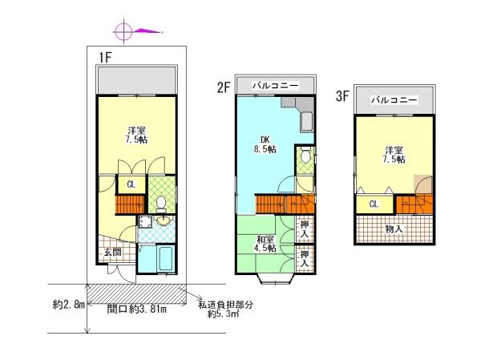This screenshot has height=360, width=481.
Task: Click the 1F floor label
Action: point(104,56)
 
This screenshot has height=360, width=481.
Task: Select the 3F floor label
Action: point(343,95)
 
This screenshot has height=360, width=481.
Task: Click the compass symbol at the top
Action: point(123,32)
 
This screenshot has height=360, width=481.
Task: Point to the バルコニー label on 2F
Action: point(274,84)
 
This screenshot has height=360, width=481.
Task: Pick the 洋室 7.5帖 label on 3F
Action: point(394,154)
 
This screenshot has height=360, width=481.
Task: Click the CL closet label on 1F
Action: point(130,184)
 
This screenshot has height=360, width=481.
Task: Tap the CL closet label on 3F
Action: point(374,204)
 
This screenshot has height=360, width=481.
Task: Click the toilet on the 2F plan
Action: point(304,158)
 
